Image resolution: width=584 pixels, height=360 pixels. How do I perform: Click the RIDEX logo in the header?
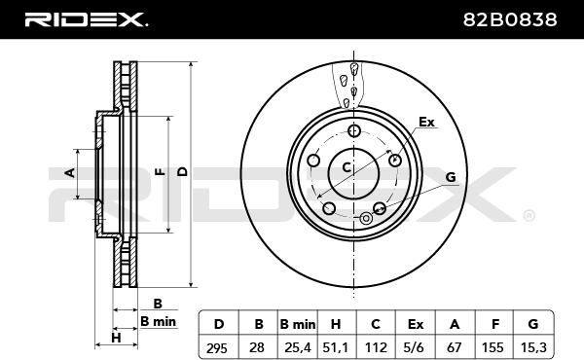(x=86, y=19)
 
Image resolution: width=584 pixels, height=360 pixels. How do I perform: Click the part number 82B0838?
(x=510, y=19)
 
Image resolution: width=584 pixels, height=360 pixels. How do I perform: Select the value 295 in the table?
(x=217, y=348)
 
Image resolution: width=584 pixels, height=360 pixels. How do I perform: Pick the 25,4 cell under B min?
(x=298, y=347)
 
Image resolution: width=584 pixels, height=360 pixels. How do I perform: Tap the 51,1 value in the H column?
(x=336, y=347)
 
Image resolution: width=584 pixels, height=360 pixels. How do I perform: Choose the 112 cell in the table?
(x=376, y=347)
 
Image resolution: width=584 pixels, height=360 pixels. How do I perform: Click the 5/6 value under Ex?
(x=415, y=347)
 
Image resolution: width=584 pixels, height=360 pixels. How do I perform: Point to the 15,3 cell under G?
(x=533, y=347)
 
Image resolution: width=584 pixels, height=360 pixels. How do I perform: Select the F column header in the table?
(x=495, y=324)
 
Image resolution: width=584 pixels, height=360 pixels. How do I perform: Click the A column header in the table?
(x=455, y=324)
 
